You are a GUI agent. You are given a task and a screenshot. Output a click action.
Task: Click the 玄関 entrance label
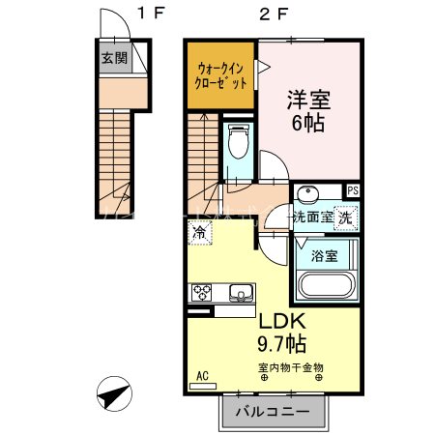(114, 56)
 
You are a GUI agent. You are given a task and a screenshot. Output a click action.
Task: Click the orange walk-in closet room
(220, 74)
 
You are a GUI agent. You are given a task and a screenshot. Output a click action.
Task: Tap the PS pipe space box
(352, 190)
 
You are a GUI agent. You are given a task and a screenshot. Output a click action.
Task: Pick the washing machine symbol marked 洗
(345, 217)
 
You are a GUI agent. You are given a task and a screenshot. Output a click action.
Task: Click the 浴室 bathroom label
(325, 255)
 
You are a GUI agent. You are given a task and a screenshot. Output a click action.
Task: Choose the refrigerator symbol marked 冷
(198, 232)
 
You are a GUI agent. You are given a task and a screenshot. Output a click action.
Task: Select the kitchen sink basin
(240, 292)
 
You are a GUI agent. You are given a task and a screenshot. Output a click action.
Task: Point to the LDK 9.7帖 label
(280, 331)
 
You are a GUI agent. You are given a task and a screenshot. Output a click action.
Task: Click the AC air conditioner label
(203, 375)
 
